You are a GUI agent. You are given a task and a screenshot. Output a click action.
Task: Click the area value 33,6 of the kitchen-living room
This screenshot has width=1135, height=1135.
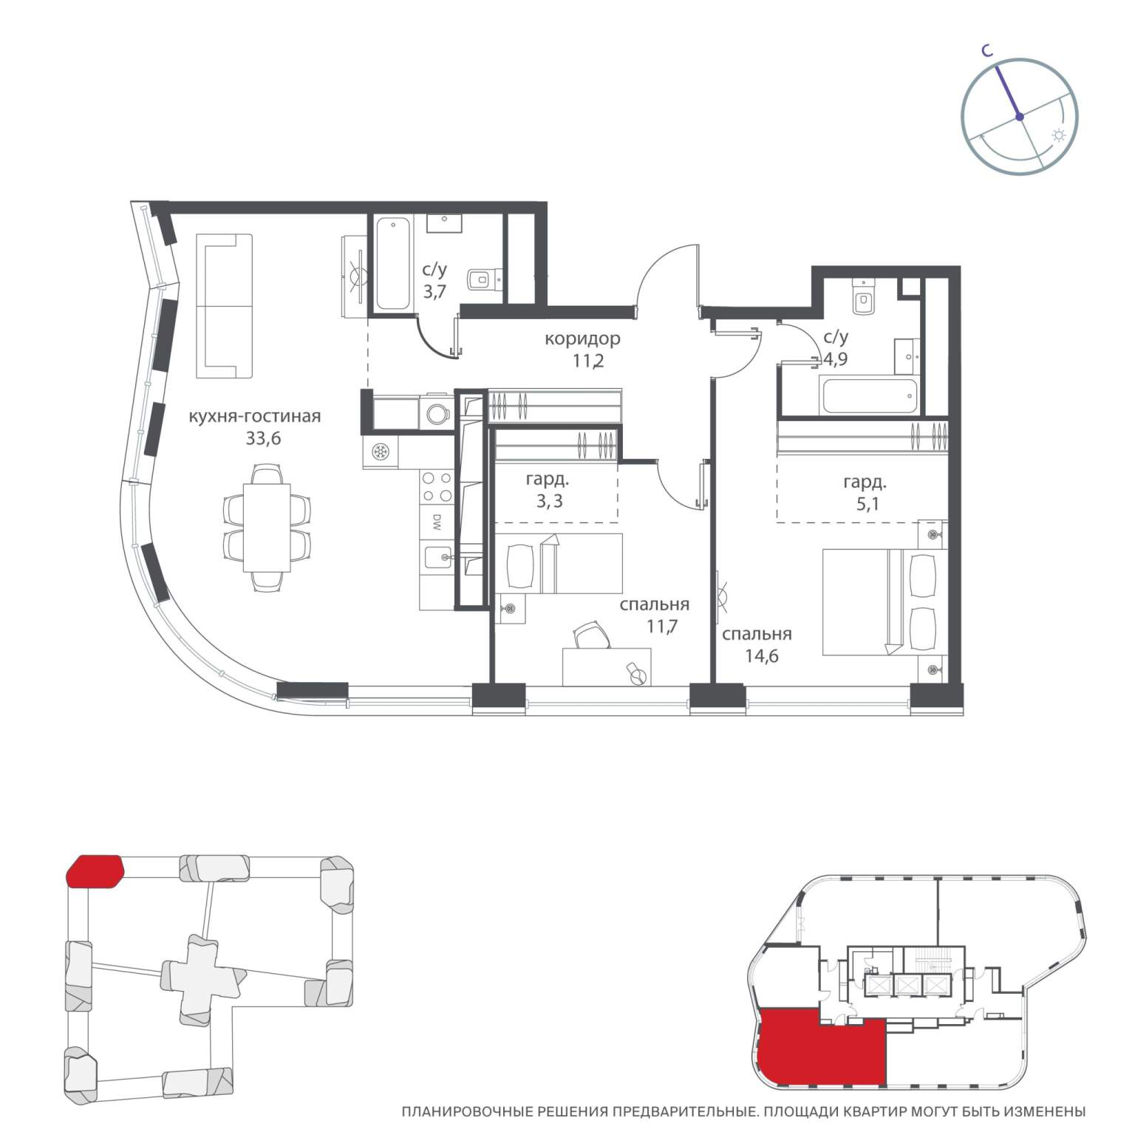coord(263,439)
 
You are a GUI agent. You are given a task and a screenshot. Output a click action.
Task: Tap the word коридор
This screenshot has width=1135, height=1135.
coord(582,339)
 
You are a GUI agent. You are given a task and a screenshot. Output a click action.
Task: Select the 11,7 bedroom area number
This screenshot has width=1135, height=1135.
coord(662,627)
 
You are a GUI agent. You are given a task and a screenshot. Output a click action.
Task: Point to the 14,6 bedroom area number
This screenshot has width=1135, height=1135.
coord(762,656)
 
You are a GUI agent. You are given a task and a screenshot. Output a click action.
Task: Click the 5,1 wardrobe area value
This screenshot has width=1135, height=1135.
coord(865,505)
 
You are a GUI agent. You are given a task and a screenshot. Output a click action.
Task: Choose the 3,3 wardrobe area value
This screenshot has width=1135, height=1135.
coord(549,502)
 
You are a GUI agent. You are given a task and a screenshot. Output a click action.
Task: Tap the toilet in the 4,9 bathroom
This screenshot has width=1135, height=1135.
coord(863,296)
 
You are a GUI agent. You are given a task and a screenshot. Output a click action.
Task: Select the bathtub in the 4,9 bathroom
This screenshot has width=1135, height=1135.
coord(868,397)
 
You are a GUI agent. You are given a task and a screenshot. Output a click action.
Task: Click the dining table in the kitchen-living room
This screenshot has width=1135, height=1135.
coord(267,527)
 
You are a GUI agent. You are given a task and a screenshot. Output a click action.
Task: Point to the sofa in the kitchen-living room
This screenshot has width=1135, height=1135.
coord(225,306)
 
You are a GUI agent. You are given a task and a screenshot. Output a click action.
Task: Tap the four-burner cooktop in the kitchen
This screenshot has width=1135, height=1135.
coord(437,487)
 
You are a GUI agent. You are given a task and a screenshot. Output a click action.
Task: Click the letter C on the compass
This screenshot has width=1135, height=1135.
coord(987,50)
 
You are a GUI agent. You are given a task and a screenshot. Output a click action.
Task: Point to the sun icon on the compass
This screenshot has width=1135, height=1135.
coord(1059,136)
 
